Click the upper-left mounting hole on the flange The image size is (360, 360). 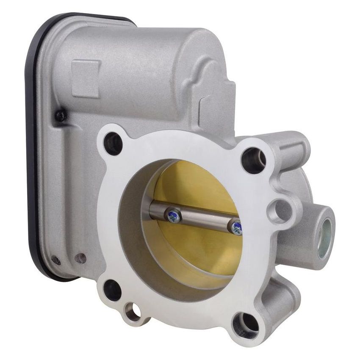click(x=113, y=144)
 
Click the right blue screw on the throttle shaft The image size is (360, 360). click(x=235, y=228)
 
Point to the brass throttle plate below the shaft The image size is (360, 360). click(x=199, y=250)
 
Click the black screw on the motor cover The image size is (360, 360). click(x=60, y=115)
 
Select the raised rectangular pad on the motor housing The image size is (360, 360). click(x=86, y=78)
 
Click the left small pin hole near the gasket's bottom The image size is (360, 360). click(x=55, y=260)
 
